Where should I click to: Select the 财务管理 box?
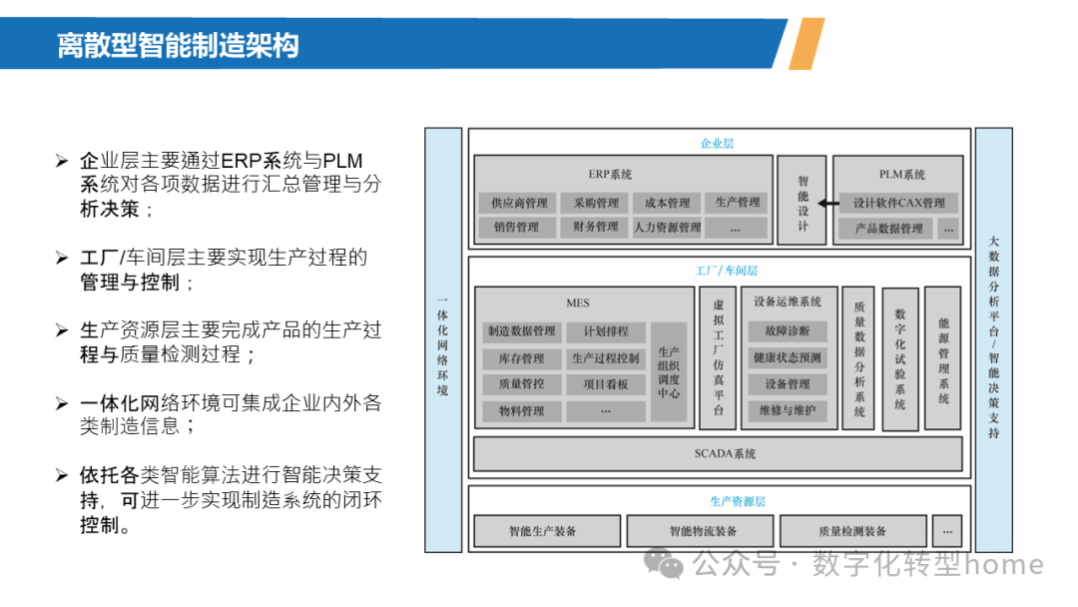click(x=596, y=228)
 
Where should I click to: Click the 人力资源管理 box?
click(x=667, y=228)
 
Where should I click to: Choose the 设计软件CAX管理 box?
click(x=898, y=203)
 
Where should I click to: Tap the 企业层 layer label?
click(x=717, y=144)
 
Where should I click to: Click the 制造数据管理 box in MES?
click(x=521, y=331)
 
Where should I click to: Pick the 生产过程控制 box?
click(x=606, y=358)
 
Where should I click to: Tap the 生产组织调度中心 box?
click(x=669, y=373)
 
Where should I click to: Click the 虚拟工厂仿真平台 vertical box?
click(x=718, y=356)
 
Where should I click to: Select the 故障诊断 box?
click(x=789, y=331)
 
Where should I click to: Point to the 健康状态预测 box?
click(x=789, y=358)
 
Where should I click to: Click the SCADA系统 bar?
click(x=725, y=454)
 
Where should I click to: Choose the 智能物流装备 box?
click(x=702, y=531)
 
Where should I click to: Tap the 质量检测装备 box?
click(x=851, y=531)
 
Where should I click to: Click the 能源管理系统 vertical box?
click(x=943, y=358)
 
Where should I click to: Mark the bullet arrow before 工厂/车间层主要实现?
click(x=62, y=258)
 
